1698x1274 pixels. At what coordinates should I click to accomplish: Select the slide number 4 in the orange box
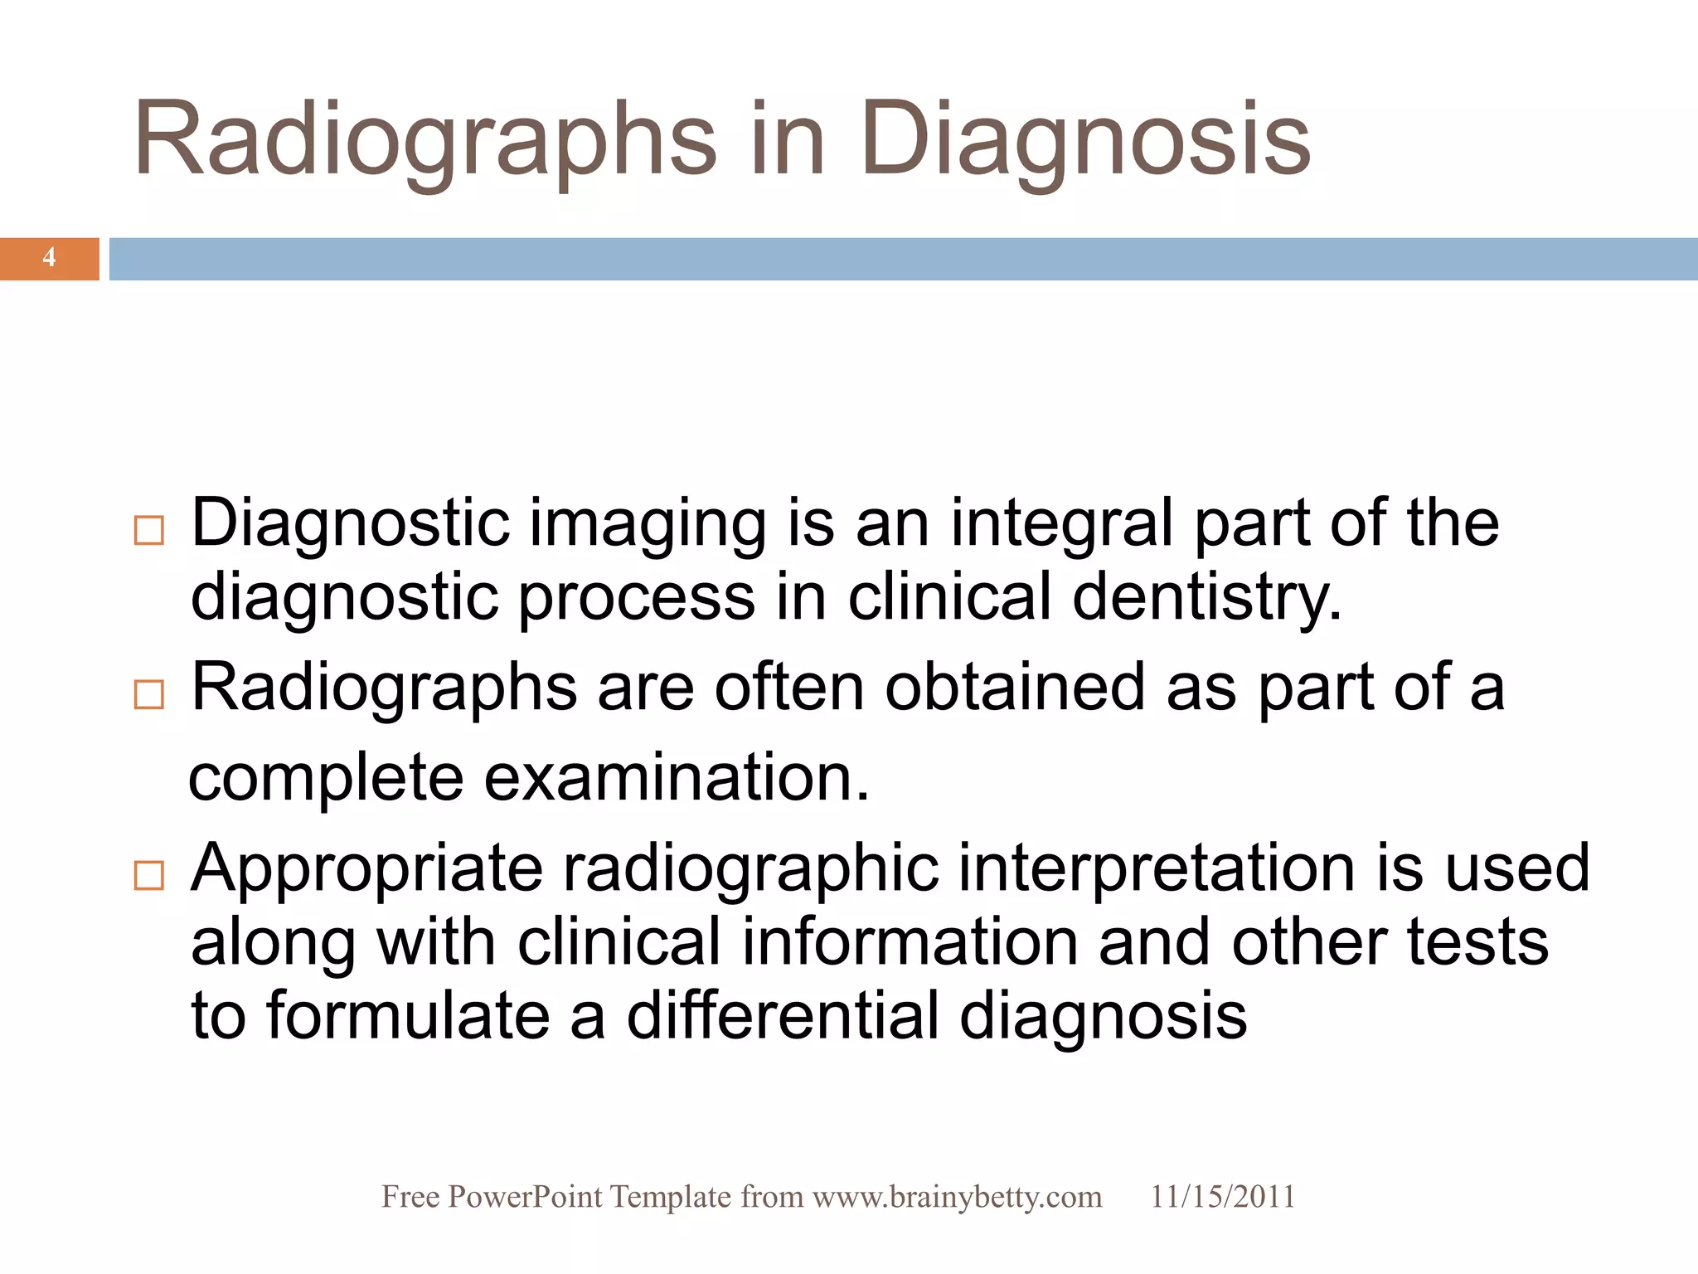point(50,258)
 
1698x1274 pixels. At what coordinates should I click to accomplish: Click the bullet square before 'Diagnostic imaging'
point(149,531)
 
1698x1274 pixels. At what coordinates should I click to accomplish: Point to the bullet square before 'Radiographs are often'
point(149,694)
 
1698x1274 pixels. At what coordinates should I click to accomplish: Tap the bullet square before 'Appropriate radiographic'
point(149,875)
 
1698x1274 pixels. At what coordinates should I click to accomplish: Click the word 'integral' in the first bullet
point(1061,524)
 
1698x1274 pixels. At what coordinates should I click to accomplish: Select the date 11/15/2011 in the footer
point(1222,1197)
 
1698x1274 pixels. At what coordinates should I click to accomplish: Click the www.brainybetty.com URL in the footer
point(957,1197)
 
